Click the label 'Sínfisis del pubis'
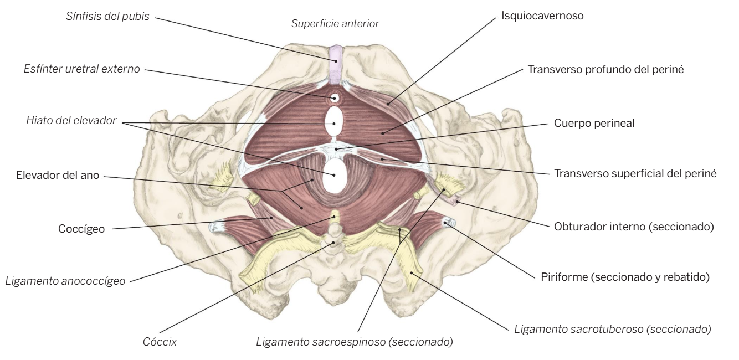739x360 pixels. pyautogui.click(x=107, y=16)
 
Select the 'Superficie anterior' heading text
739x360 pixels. pyautogui.click(x=335, y=24)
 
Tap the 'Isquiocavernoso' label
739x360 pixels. pyautogui.click(x=542, y=16)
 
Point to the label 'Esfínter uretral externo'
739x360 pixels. pyautogui.click(x=82, y=69)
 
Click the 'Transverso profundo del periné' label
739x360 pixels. pyautogui.click(x=605, y=69)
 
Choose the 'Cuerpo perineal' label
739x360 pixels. pyautogui.click(x=594, y=123)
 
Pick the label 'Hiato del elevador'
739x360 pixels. pyautogui.click(x=71, y=120)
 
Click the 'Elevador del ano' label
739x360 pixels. pyautogui.click(x=58, y=175)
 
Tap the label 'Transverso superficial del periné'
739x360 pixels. pyautogui.click(x=635, y=173)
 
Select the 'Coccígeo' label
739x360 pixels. pyautogui.click(x=81, y=229)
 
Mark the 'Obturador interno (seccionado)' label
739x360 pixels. pyautogui.click(x=634, y=227)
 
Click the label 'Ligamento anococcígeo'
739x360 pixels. pyautogui.click(x=65, y=281)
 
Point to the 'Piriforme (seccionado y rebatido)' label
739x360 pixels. pyautogui.click(x=625, y=277)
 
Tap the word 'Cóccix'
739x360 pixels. pyautogui.click(x=160, y=342)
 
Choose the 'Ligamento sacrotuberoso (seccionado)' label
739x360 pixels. pyautogui.click(x=613, y=329)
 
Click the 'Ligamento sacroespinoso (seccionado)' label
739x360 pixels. pyautogui.click(x=355, y=342)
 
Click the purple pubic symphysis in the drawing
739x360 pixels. pyautogui.click(x=336, y=64)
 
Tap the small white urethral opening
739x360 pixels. pyautogui.click(x=335, y=97)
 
